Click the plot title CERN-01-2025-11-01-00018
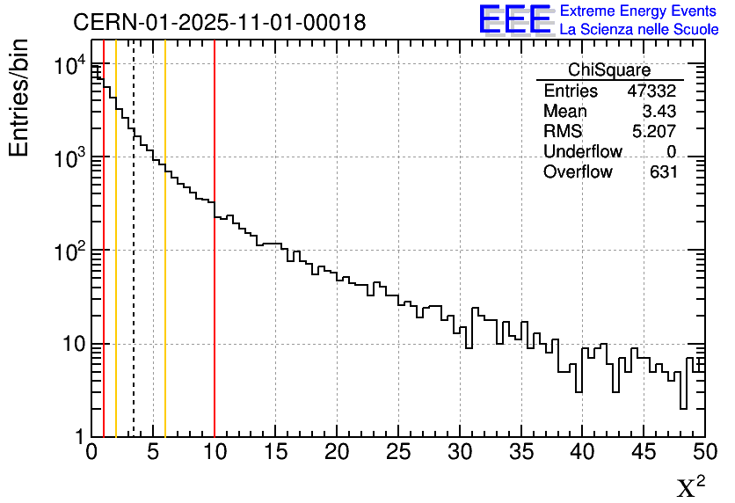coord(219,22)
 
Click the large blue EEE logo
coord(514,19)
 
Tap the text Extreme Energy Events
coord(638,11)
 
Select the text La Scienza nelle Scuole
coord(638,30)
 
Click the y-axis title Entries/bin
coord(19,98)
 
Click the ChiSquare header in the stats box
coord(608,70)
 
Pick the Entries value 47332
coord(651,91)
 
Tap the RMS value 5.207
coord(654,132)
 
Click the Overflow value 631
coord(663,172)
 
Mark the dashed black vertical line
coord(134,264)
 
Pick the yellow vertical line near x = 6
coord(165,308)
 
